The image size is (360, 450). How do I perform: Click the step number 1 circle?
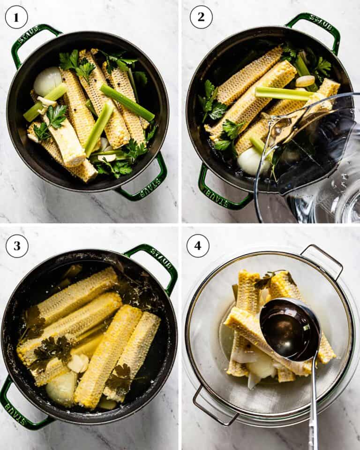tap(16, 17)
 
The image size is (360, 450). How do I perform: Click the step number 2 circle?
tap(201, 17)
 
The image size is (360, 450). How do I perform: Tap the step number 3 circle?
tap(17, 246)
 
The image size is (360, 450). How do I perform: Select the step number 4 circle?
tap(198, 246)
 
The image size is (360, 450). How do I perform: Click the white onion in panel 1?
tap(47, 81)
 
